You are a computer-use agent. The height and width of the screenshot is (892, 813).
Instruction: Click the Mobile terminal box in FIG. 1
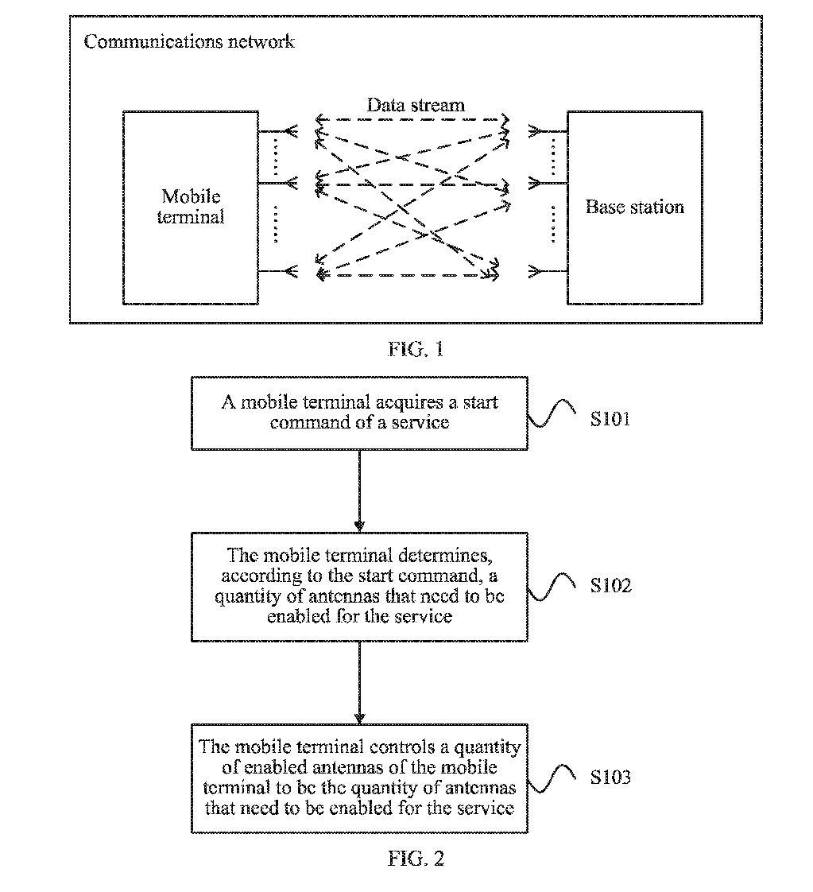(x=191, y=207)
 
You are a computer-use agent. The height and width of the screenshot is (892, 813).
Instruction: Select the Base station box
(x=634, y=207)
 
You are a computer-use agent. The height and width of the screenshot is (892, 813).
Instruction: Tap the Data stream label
(x=415, y=105)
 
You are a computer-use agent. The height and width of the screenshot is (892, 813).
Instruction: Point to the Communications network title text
(x=189, y=41)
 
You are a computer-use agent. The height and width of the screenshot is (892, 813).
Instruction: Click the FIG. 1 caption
(x=416, y=349)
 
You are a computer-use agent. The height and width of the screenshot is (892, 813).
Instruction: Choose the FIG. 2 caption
(x=416, y=859)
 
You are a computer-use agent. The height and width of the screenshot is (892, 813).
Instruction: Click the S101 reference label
(x=610, y=418)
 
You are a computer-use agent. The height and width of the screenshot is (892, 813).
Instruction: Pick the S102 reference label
(x=610, y=586)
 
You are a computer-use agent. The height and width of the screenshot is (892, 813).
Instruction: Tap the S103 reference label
(x=610, y=777)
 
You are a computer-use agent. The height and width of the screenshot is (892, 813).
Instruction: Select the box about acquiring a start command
(x=359, y=413)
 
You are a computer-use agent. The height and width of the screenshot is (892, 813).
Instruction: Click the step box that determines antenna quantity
(x=359, y=586)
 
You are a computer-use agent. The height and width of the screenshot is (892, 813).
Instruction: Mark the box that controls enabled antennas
(x=359, y=778)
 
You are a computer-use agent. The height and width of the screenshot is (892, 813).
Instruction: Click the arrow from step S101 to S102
(x=359, y=491)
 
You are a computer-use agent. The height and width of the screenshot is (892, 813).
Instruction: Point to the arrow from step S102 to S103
(x=359, y=682)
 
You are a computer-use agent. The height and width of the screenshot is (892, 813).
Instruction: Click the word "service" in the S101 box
(x=421, y=422)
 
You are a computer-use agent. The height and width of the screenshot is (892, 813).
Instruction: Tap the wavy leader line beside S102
(x=553, y=587)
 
